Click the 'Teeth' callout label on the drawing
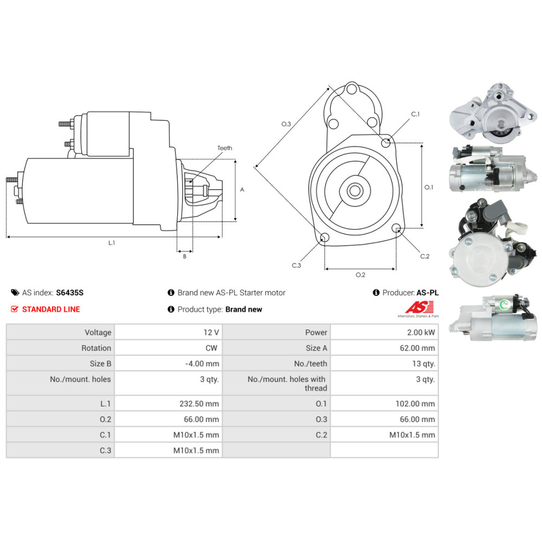224,148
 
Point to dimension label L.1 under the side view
112,243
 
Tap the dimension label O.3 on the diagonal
286,124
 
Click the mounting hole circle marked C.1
386,143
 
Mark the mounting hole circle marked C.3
324,237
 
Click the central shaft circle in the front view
356,190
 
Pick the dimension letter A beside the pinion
242,190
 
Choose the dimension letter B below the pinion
184,256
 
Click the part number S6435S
70,293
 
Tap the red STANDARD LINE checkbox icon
15,309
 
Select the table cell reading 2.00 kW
422,332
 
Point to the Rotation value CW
212,348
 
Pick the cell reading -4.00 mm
202,364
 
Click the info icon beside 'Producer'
376,293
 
